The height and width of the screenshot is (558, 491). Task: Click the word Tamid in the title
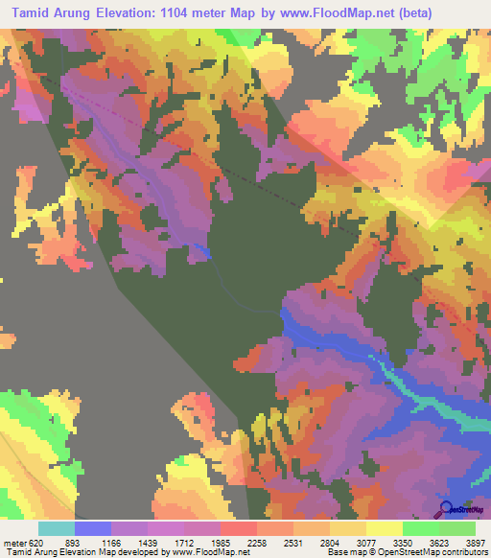point(35,13)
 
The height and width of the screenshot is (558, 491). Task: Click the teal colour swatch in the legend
point(57,528)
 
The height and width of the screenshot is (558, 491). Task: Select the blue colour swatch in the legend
point(93,528)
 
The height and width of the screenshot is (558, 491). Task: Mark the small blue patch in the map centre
point(200,250)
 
